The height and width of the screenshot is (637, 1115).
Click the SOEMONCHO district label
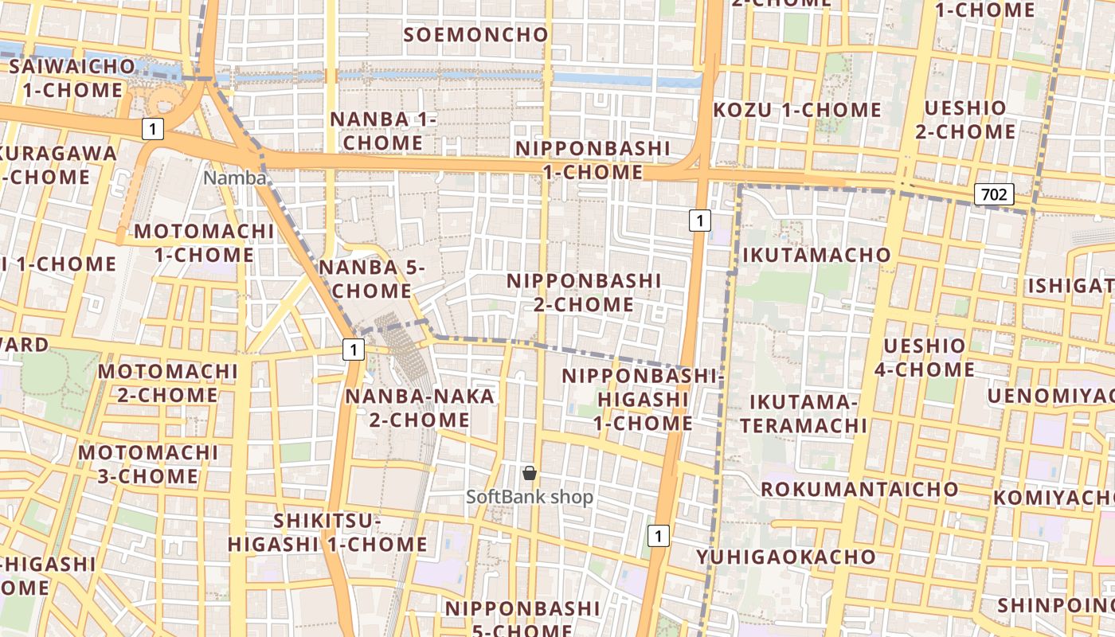point(476,34)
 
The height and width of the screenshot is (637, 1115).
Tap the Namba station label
point(234,178)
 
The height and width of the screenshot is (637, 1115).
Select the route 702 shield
point(994,193)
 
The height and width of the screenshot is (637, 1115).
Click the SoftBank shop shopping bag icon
point(530,474)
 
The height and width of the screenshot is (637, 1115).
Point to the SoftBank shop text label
point(530,497)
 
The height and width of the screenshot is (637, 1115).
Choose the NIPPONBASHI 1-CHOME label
point(593,160)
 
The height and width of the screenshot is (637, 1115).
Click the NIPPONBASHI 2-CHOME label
point(584,292)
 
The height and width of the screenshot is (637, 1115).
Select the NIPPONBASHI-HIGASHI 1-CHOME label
point(642,399)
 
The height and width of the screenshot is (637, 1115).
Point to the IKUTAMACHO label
point(816,255)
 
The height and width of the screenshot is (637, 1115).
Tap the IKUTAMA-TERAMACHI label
point(803,413)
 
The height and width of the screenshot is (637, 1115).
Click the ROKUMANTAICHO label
point(860,488)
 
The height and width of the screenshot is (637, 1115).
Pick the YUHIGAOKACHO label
point(786,557)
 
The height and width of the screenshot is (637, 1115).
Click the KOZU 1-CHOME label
point(797,110)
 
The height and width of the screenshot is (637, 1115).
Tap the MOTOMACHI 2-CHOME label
point(167,383)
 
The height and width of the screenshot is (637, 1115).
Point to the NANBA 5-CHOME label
point(372,279)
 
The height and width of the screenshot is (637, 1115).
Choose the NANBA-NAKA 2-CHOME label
point(420,408)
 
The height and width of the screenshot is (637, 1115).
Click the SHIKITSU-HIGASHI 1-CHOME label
point(327,533)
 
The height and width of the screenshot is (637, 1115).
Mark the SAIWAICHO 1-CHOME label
point(72,77)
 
